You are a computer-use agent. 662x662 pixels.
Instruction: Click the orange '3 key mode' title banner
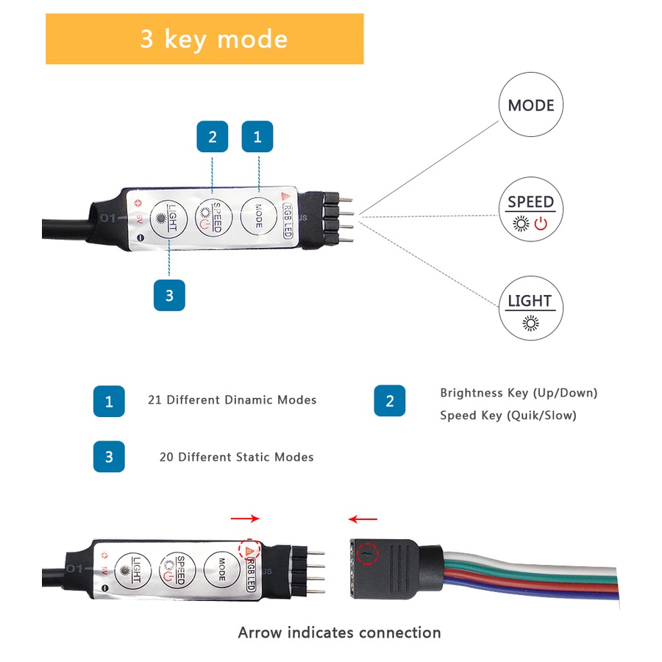(x=204, y=39)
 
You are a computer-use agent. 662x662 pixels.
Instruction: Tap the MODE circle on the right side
(x=530, y=105)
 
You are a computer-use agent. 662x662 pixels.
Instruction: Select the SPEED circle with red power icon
(x=530, y=209)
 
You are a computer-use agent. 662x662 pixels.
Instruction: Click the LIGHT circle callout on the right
(x=530, y=308)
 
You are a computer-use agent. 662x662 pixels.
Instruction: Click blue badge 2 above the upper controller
(x=212, y=137)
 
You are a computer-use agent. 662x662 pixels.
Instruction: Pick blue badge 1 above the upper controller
(x=257, y=137)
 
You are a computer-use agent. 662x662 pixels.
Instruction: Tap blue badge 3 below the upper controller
(x=169, y=295)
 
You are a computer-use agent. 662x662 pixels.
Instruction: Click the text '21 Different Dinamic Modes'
(x=232, y=400)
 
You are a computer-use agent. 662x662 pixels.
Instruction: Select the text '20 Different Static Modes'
(x=236, y=457)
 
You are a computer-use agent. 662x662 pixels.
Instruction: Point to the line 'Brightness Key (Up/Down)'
(x=519, y=393)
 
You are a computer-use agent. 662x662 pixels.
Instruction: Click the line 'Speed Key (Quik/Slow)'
(x=508, y=416)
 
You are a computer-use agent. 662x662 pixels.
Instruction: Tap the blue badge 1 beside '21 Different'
(x=109, y=401)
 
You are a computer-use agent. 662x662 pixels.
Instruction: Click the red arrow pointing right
(x=245, y=519)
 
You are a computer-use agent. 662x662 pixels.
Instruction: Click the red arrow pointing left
(x=363, y=519)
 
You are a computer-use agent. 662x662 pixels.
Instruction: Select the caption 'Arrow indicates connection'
(x=339, y=633)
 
